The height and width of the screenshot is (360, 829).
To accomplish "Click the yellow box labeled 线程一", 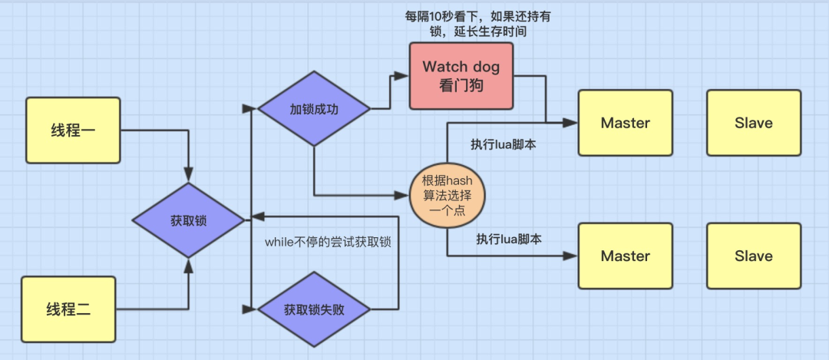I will [x=73, y=130].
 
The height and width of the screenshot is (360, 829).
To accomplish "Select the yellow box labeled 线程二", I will [x=68, y=309].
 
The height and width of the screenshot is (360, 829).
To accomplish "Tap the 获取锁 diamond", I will [x=188, y=220].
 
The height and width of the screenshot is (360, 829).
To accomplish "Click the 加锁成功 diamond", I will [x=314, y=109].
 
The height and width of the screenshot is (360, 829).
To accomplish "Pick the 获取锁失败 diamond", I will [x=314, y=310].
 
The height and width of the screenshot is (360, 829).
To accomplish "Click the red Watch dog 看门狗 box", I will [x=461, y=75].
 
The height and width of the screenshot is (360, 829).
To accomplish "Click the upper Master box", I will [x=625, y=123].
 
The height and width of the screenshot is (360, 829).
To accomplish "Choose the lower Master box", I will [x=625, y=256].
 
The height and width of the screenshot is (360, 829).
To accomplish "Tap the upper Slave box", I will [x=753, y=123].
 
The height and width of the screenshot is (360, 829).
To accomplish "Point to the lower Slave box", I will [x=753, y=256].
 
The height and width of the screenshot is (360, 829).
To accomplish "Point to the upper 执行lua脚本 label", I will [x=502, y=144].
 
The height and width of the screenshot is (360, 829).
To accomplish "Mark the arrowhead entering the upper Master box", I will [x=573, y=122].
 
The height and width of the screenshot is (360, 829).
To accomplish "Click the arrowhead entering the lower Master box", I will [x=573, y=256].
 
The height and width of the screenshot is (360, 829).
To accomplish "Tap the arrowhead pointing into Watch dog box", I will [x=404, y=75].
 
